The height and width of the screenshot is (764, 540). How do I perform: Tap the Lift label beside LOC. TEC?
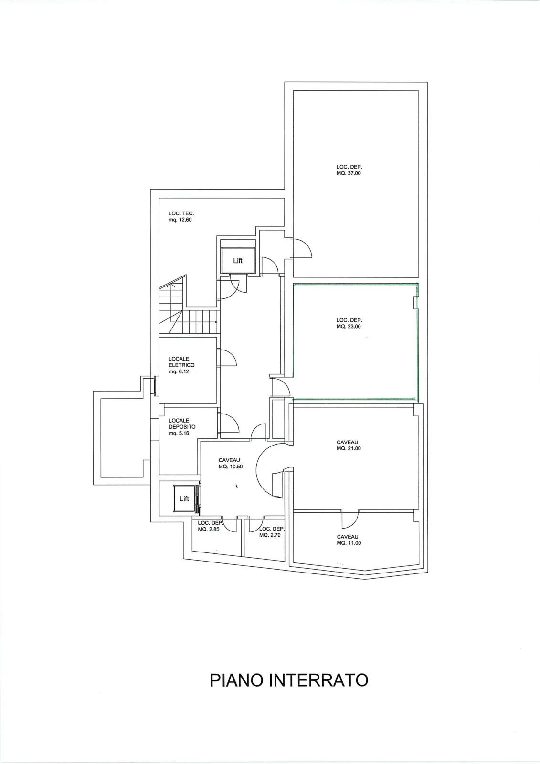[x=238, y=261]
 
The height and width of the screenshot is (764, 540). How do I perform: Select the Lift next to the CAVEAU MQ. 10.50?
[x=184, y=499]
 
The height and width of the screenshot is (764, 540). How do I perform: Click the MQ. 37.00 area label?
[x=349, y=173]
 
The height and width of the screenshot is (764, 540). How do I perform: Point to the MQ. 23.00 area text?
[x=349, y=327]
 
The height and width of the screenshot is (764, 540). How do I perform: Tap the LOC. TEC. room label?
[x=181, y=213]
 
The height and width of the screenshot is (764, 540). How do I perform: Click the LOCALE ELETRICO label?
[x=181, y=362]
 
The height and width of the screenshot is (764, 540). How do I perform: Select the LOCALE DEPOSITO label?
[x=182, y=424]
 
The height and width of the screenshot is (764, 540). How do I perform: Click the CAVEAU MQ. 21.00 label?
[x=349, y=446]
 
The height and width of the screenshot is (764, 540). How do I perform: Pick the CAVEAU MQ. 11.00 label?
[x=349, y=540]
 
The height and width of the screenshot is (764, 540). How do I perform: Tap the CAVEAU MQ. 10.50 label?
[x=231, y=464]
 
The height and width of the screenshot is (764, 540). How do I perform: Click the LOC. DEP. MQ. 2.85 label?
[x=210, y=526]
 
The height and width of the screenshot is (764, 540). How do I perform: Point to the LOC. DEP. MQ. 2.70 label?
[x=271, y=532]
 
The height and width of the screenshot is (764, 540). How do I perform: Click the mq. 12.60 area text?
[x=180, y=220]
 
